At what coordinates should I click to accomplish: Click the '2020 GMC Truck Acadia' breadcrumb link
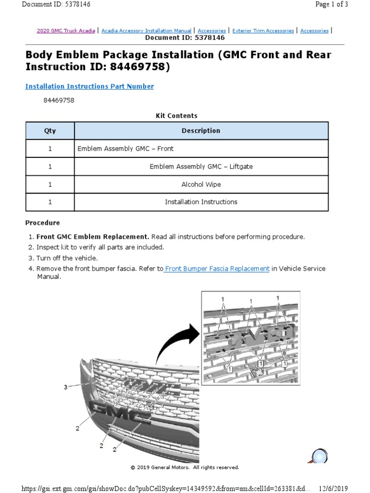click(x=66, y=31)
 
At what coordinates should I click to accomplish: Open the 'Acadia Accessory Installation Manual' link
click(x=146, y=31)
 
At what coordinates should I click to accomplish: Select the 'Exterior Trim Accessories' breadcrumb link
click(x=263, y=31)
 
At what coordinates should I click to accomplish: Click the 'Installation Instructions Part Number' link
click(x=89, y=87)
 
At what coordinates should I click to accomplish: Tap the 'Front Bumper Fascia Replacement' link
click(x=217, y=269)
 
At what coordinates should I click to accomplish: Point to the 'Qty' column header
click(x=50, y=131)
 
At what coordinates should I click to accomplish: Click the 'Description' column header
click(x=201, y=131)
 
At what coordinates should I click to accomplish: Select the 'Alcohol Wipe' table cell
click(x=201, y=184)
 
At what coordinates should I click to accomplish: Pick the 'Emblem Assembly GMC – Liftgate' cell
click(x=201, y=167)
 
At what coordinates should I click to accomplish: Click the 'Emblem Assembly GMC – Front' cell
click(x=125, y=149)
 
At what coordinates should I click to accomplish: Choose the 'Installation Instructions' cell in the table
click(x=201, y=202)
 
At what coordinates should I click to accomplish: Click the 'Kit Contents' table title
click(x=176, y=116)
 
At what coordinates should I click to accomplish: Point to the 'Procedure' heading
click(x=42, y=223)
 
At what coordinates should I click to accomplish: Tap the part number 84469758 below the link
click(x=59, y=101)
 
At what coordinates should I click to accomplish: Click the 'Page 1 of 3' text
click(x=331, y=4)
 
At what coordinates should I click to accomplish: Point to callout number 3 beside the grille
click(x=66, y=387)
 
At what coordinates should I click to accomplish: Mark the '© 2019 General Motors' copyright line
click(x=185, y=467)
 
